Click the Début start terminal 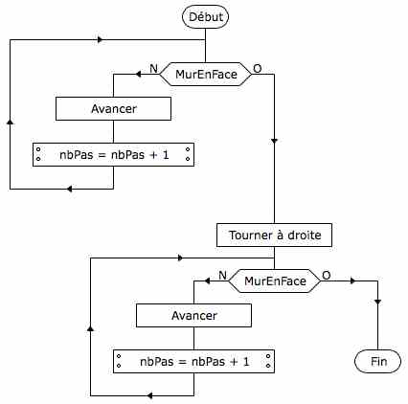coord(205,17)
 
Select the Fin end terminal coord(377,362)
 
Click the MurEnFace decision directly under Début coord(205,75)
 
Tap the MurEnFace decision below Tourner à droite coord(275,281)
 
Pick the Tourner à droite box coord(274,236)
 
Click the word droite coord(305,236)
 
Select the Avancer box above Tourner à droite coord(113,109)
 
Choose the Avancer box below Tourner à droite coord(193,316)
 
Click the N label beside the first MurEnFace coord(154,68)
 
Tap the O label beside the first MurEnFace coord(258,68)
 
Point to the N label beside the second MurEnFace coord(223,275)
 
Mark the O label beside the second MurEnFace coord(327,275)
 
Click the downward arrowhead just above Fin coord(377,302)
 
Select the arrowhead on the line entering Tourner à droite coord(274,141)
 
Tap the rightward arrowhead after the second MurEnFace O coord(352,281)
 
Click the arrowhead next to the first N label coord(138,75)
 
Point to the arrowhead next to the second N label coord(207,281)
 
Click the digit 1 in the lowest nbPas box coord(246,362)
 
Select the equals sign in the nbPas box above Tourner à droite coord(102,155)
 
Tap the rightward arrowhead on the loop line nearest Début coord(101,40)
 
